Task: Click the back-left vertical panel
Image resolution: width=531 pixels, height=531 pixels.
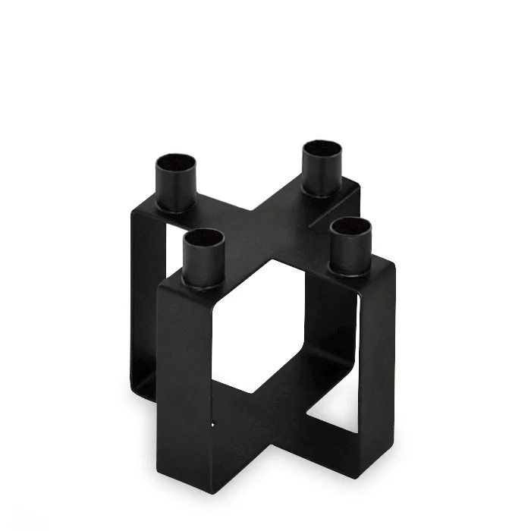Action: (x=144, y=303)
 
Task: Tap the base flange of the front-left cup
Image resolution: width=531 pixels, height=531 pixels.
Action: (x=205, y=285)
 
